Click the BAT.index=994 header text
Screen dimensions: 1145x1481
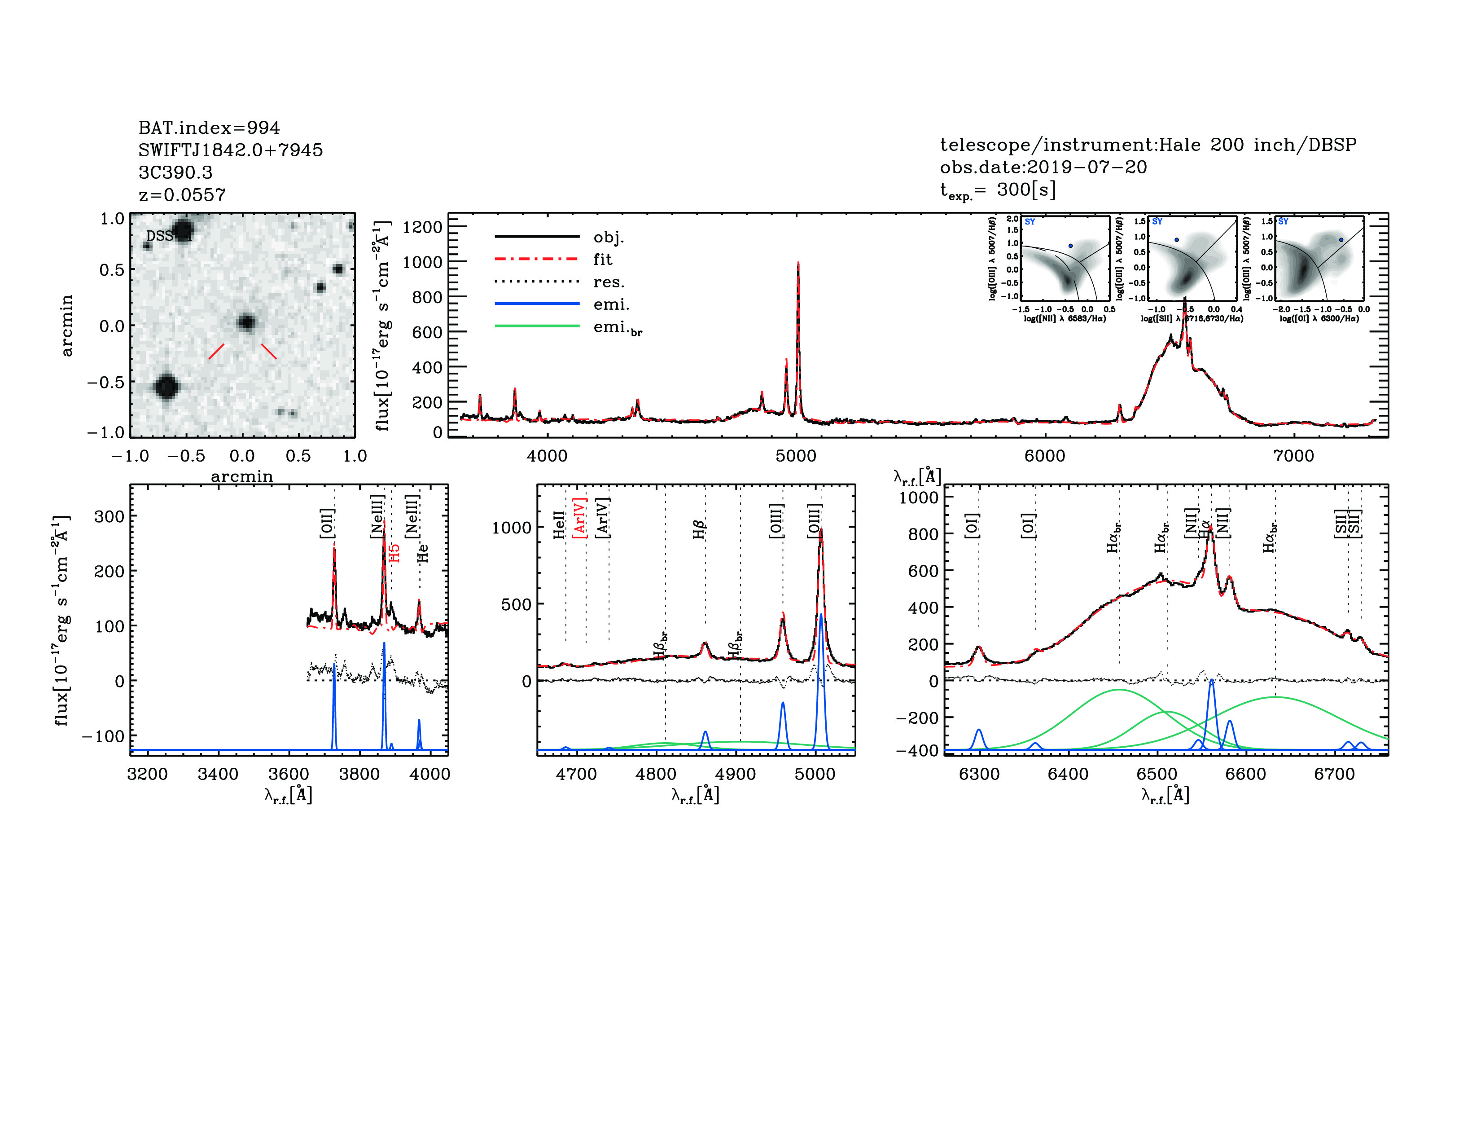pyautogui.click(x=209, y=128)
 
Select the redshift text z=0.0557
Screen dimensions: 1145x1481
pyautogui.click(x=182, y=195)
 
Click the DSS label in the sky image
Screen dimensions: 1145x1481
pyautogui.click(x=159, y=236)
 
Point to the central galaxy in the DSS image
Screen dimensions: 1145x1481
pyautogui.click(x=246, y=322)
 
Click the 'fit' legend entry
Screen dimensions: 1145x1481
pyautogui.click(x=602, y=259)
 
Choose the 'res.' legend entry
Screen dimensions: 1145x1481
pyautogui.click(x=608, y=282)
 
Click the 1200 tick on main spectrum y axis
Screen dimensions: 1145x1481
pyautogui.click(x=422, y=227)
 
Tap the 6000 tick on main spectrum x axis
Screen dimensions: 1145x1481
pyautogui.click(x=1044, y=456)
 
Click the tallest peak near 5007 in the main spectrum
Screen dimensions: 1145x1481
pyautogui.click(x=798, y=263)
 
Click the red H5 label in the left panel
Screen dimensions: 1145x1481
pyautogui.click(x=394, y=552)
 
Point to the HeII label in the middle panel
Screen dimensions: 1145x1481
pyautogui.click(x=559, y=525)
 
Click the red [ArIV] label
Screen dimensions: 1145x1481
pyautogui.click(x=580, y=518)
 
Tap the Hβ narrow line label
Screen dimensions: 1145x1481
pyautogui.click(x=699, y=529)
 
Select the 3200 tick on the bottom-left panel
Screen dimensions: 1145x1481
pyautogui.click(x=147, y=774)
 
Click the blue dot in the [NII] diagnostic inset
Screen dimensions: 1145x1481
pyautogui.click(x=1071, y=246)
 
